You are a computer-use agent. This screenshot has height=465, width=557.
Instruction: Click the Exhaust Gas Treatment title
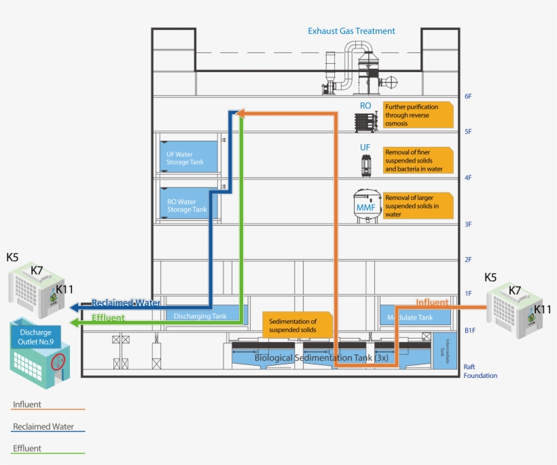tap(351, 31)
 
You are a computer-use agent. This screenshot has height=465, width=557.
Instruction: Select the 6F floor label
tap(468, 97)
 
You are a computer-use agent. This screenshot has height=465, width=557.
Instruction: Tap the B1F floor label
tap(469, 330)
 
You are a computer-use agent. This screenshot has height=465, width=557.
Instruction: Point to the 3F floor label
tap(468, 224)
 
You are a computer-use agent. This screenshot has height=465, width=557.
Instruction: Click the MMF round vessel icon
tap(367, 205)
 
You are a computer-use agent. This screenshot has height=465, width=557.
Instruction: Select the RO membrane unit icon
tap(366, 122)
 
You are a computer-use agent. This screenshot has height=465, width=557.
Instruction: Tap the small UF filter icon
tap(366, 166)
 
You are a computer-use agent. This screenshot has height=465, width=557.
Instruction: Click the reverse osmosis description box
tap(417, 115)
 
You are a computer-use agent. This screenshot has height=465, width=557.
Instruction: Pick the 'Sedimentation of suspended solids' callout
tap(298, 325)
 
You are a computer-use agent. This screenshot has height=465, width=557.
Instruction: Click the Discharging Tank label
tap(200, 316)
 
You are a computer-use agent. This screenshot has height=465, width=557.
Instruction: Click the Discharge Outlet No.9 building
tap(41, 351)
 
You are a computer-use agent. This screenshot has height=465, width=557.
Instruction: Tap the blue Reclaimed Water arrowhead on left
tap(75, 307)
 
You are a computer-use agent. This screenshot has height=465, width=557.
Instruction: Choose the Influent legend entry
tap(27, 404)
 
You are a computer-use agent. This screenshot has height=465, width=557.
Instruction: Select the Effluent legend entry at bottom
tap(27, 448)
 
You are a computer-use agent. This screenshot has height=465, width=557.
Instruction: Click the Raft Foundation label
tap(480, 371)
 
